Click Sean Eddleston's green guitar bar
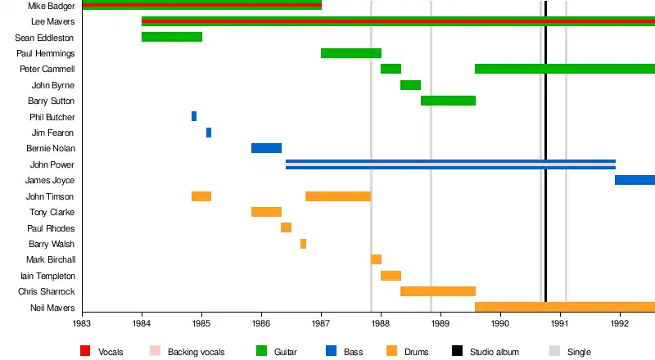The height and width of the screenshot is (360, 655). click(172, 37)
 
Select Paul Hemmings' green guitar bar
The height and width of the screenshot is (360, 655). click(351, 53)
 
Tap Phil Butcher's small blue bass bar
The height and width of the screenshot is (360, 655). click(194, 116)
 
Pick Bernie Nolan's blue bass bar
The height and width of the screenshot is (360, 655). click(266, 148)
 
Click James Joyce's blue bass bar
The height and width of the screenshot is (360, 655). click(635, 180)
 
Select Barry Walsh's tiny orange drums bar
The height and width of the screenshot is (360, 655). click(303, 244)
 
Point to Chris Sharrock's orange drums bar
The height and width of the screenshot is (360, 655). click(438, 291)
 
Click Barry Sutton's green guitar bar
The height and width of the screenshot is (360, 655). click(448, 101)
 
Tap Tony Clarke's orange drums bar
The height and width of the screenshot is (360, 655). click(266, 212)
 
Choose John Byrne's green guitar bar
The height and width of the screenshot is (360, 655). click(410, 85)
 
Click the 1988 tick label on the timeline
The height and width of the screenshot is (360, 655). click(381, 323)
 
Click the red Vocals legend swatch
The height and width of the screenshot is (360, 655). click(85, 351)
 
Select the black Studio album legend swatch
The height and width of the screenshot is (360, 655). click(458, 351)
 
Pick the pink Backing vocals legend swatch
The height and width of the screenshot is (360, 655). click(156, 351)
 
